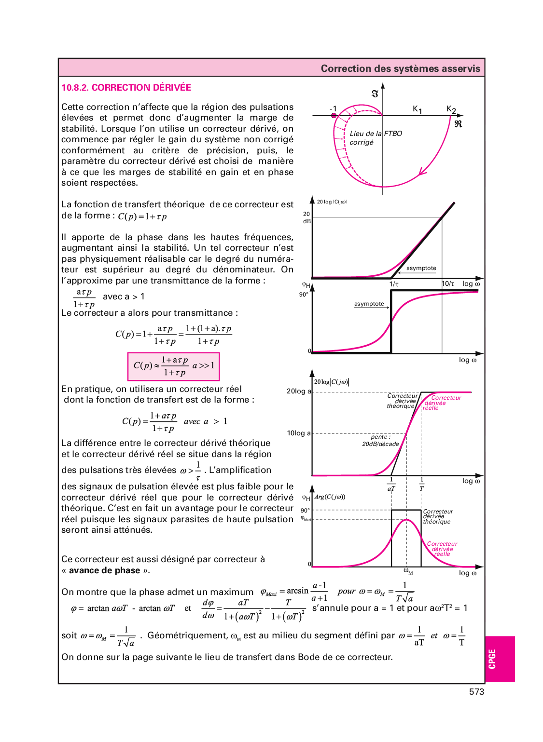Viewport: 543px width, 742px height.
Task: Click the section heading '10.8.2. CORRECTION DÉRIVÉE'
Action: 126,88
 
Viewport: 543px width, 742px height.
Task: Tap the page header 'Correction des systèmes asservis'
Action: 400,68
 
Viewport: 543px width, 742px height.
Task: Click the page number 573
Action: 476,692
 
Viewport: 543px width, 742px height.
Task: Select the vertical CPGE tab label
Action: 492,659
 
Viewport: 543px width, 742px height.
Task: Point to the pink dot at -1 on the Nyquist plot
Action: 334,116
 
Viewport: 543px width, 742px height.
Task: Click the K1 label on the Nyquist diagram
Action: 417,109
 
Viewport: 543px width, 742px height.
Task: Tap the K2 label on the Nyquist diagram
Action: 451,109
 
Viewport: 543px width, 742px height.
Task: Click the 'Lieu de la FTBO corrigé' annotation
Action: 375,137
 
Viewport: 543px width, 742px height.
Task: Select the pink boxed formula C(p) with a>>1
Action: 173,366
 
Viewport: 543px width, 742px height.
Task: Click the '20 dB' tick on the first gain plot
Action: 306,217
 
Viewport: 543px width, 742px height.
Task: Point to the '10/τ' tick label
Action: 448,284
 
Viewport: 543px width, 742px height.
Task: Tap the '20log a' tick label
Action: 299,391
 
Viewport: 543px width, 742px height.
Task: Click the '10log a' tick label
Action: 299,433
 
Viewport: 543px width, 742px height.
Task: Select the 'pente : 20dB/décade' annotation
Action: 380,441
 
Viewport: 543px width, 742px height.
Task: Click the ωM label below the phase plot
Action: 408,572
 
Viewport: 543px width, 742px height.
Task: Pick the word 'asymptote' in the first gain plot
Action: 421,268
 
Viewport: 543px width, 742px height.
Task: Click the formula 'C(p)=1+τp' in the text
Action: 142,216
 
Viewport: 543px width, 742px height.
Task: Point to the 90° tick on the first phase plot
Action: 304,294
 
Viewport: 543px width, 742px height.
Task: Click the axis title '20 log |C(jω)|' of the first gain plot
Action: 332,202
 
